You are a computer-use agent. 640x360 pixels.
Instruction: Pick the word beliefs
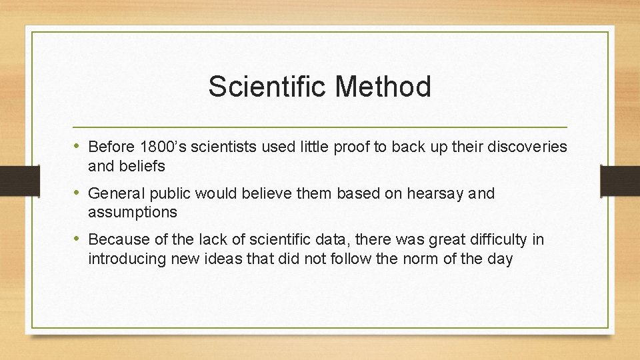[142, 165]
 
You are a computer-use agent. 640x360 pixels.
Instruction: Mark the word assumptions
[133, 213]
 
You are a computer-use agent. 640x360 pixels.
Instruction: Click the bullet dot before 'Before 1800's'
[79, 146]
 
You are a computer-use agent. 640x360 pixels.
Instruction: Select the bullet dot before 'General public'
[79, 193]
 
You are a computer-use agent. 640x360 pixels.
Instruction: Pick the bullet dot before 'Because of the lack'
[79, 239]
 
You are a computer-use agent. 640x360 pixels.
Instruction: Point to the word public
[163, 193]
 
